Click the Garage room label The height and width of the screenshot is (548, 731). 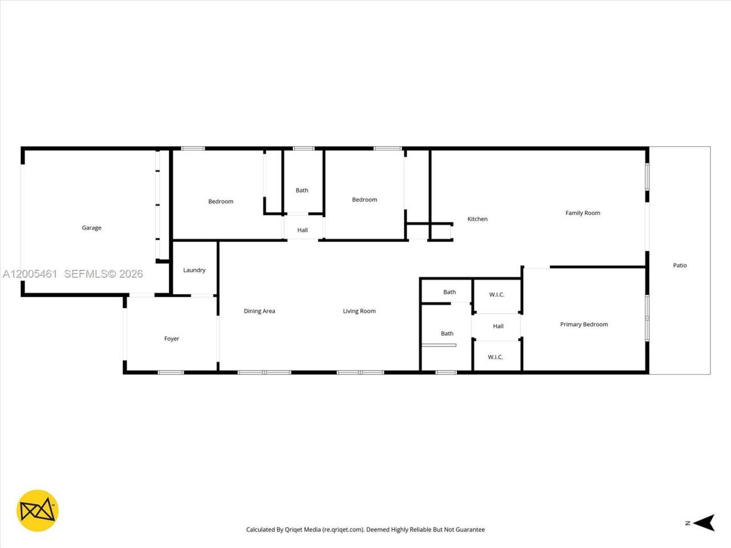coord(91,228)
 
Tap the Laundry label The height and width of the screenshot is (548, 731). coord(194,270)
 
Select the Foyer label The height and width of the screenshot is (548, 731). coord(171,339)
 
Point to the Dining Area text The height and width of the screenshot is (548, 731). coord(259,311)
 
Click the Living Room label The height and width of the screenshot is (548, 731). coord(359,311)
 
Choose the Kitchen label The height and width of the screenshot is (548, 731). coord(477,219)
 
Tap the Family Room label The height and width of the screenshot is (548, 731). coord(583,213)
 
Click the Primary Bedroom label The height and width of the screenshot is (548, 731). coord(584,324)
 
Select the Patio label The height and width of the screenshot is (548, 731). coord(680,265)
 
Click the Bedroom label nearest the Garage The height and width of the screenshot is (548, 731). coord(220,202)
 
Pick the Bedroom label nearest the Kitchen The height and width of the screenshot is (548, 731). coord(364,200)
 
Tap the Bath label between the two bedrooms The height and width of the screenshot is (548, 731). coord(302,191)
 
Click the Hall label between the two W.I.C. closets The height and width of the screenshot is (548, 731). coord(498,327)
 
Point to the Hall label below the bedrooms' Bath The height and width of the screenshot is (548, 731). coord(303,230)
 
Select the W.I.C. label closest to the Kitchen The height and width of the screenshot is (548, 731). coord(496,295)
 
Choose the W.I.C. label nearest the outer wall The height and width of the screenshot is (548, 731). coord(495,357)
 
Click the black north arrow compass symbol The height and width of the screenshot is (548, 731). coord(706,522)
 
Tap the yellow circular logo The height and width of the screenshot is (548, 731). coord(38,510)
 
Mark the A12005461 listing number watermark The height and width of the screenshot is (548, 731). coord(30,274)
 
